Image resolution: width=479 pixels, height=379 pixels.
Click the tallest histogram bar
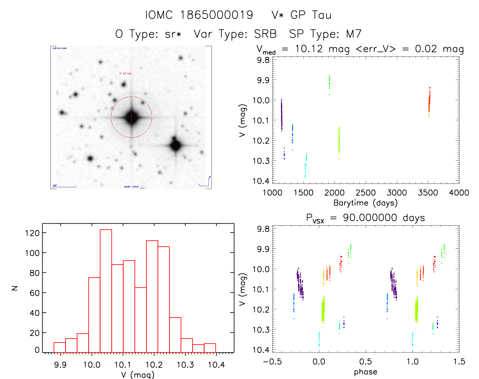tap(106, 291)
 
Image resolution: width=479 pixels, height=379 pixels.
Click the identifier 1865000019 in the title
tap(217, 15)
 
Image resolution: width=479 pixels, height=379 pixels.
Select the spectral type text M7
tap(354, 34)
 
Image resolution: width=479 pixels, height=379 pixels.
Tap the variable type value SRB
tap(265, 34)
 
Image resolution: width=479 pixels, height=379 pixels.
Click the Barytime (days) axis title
tap(365, 203)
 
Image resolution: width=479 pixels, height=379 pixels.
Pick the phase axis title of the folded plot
tap(365, 372)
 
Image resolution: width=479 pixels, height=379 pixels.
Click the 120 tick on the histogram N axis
tap(32, 233)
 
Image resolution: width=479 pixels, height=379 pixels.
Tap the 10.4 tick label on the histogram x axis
tap(216, 365)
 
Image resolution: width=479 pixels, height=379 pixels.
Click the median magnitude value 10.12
tap(309, 49)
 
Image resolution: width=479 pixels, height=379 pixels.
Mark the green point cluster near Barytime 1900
tap(329, 82)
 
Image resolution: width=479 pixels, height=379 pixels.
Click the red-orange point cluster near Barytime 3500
tap(429, 101)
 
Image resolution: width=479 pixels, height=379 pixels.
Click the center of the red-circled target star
tap(131, 117)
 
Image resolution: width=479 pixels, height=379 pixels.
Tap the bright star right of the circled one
tap(175, 146)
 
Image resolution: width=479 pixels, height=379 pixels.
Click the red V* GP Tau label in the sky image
tap(125, 74)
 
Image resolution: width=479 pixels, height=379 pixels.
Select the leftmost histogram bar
tap(60, 347)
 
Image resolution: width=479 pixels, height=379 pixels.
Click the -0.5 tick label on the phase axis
tap(272, 361)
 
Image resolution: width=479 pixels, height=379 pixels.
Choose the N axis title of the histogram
tap(15, 288)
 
